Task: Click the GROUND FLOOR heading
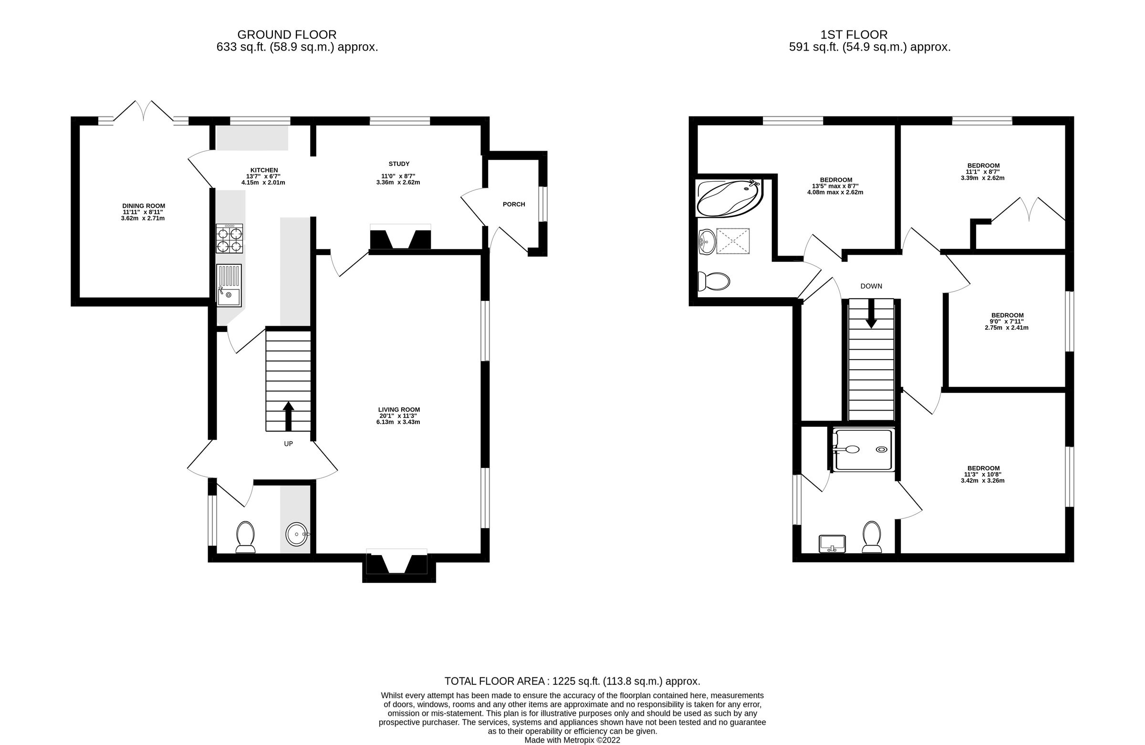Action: point(287,35)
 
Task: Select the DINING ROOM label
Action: point(144,206)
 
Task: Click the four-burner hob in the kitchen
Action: point(229,239)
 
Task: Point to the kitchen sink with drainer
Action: point(229,285)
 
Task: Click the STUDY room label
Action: point(399,164)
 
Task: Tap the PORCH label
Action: point(513,205)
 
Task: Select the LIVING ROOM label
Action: point(399,410)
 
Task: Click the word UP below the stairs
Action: point(288,444)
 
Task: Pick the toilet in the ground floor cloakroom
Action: point(245,537)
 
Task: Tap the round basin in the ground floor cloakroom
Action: point(298,534)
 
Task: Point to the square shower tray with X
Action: point(733,241)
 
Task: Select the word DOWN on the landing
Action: point(871,286)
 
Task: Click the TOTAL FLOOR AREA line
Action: point(572,681)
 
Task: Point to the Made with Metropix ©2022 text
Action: point(572,740)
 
